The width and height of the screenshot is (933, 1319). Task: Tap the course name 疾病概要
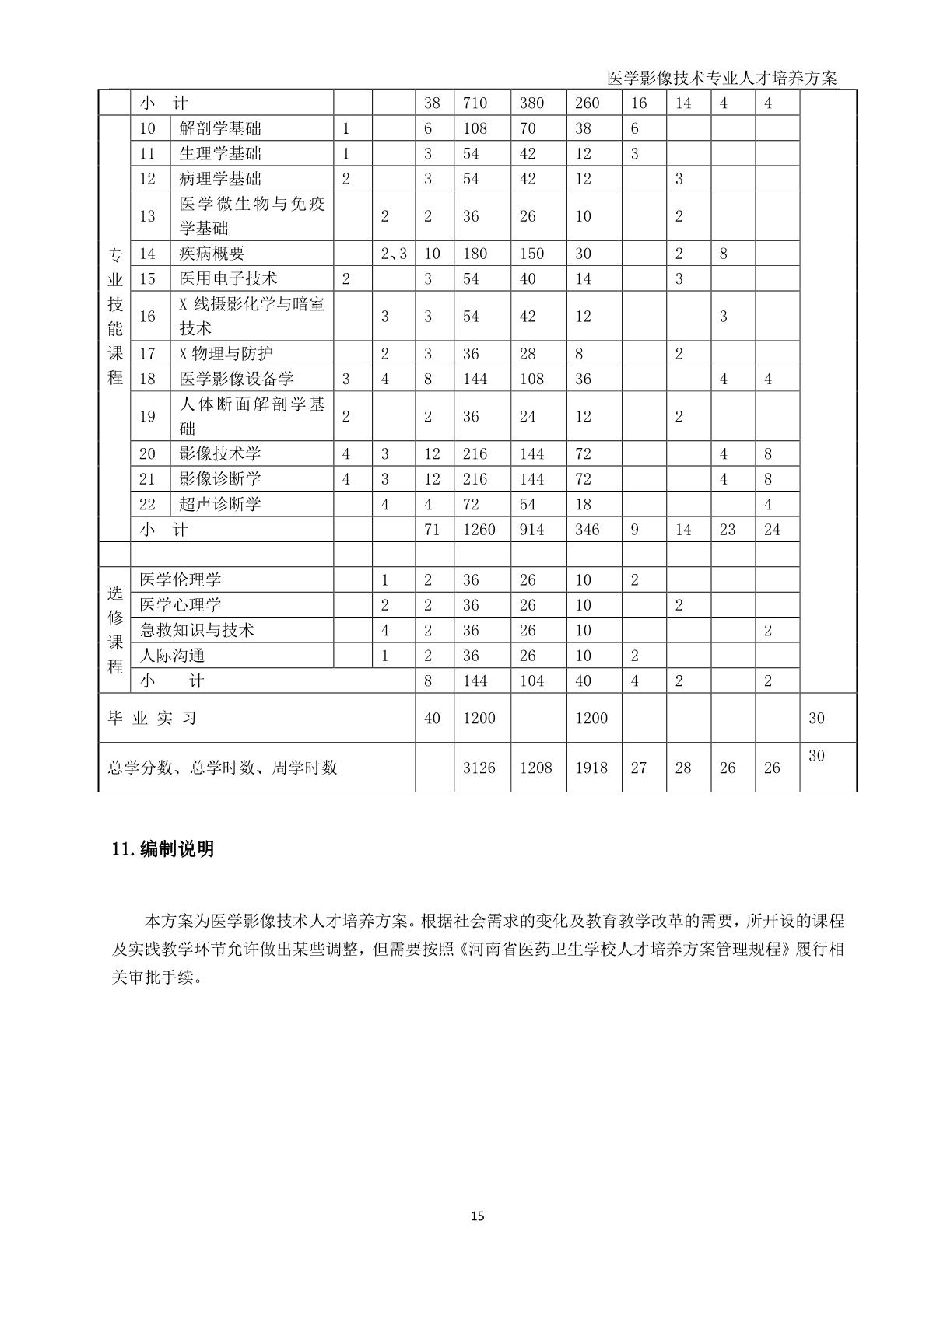212,254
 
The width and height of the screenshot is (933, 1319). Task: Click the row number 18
148,379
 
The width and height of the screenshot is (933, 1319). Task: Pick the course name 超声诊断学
220,504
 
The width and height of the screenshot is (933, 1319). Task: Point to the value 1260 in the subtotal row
478,530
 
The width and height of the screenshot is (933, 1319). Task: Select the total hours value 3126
479,768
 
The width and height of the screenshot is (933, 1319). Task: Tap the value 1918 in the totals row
591,768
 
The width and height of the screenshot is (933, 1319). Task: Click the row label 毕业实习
152,718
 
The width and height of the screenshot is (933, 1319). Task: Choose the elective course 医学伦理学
181,579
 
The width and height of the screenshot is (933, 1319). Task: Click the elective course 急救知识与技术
197,630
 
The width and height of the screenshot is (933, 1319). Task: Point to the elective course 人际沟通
172,656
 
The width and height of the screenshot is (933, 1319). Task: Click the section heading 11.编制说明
163,849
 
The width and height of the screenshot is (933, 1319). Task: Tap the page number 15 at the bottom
477,1216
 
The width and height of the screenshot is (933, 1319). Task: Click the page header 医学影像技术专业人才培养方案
721,78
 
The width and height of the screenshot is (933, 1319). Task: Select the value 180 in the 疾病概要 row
475,254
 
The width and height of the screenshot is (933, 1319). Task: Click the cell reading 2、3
393,254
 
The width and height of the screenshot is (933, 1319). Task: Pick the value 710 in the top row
475,103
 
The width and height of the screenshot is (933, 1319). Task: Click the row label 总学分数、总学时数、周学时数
223,768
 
